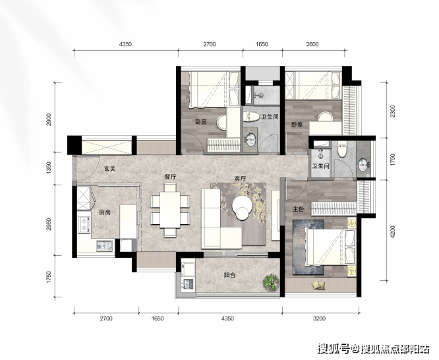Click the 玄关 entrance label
coord(109,169)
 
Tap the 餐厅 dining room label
coord(170,177)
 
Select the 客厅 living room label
coord(240,179)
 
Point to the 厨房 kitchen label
coord(104,213)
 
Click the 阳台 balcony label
coord(229,275)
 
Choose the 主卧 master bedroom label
coord(299,209)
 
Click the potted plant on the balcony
coord(271,282)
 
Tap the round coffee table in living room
coord(242,207)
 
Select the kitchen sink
coord(104,245)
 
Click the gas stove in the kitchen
coord(84,225)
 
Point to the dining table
coord(170,210)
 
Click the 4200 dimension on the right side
coord(392,231)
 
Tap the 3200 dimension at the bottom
coord(319,318)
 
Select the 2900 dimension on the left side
coord(49,119)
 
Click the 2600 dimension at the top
coord(312,44)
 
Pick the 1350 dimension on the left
coord(49,168)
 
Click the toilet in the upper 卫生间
coord(251,117)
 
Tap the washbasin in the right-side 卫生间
coord(363,164)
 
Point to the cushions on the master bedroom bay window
coord(318,285)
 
